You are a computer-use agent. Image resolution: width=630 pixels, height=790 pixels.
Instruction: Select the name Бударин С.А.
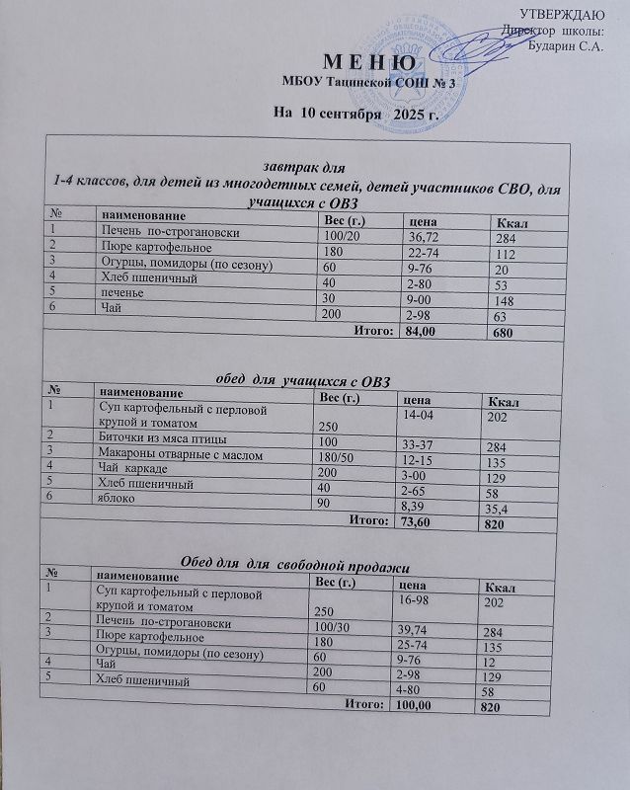[566, 44]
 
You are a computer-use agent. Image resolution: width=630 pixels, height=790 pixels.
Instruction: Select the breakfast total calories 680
[504, 333]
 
